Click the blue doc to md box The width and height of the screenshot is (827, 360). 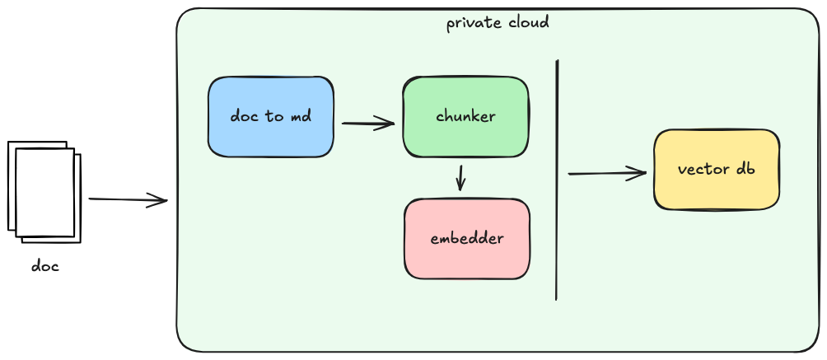click(270, 117)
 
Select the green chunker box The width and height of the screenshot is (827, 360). click(465, 116)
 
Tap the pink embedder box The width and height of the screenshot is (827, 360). click(467, 239)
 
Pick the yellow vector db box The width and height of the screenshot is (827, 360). click(716, 170)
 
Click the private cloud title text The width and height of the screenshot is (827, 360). click(498, 22)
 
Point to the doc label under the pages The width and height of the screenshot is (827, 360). click(45, 266)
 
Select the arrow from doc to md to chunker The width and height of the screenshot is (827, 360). click(368, 124)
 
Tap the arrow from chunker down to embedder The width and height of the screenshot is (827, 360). click(460, 177)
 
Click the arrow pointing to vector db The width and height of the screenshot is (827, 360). click(607, 173)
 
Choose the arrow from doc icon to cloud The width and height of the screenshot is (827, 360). click(128, 200)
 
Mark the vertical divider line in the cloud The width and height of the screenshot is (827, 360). click(557, 180)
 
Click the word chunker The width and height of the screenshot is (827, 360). click(465, 116)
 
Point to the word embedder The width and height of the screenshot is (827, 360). click(467, 239)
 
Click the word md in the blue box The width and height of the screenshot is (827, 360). click(301, 117)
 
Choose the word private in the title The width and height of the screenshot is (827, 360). click(473, 23)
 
